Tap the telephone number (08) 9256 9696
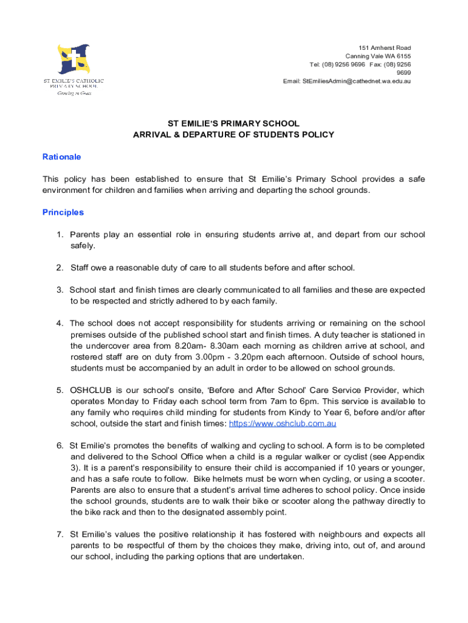[346, 64]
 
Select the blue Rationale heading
[61, 157]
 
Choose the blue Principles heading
[63, 212]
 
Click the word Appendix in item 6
[407, 457]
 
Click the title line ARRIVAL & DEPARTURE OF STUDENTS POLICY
[234, 134]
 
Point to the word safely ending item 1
[83, 246]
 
